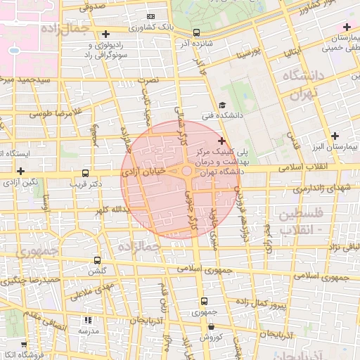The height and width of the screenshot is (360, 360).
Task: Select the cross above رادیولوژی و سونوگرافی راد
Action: point(106,34)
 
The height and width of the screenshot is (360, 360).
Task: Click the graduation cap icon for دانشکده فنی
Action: point(223,104)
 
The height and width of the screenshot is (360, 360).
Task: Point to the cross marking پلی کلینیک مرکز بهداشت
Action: point(222,141)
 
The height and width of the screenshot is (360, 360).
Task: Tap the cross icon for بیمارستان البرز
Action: point(335,136)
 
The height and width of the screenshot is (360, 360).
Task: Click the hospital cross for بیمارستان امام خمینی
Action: point(347,27)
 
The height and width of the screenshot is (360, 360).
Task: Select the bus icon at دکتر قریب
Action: point(86,173)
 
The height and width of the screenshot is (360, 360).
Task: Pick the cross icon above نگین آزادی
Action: point(21,171)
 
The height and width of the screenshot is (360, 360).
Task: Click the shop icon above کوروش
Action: point(212,326)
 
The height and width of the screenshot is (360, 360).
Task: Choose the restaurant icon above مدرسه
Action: point(88,320)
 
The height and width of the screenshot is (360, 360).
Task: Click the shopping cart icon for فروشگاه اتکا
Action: point(25,345)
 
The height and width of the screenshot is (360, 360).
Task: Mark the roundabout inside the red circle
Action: point(186,171)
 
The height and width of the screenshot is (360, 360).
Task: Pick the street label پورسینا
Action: point(250,52)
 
